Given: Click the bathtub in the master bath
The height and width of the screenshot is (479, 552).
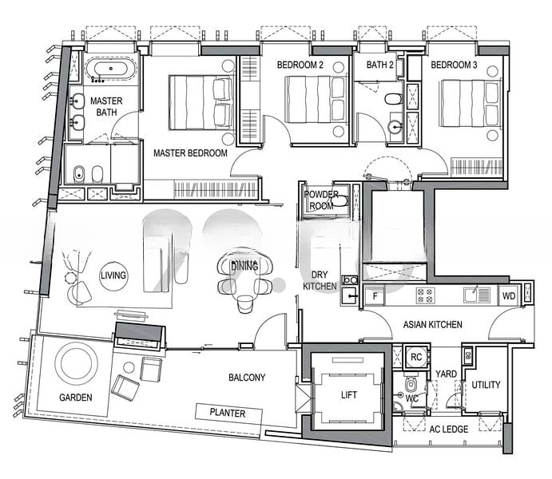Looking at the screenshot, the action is point(110,69).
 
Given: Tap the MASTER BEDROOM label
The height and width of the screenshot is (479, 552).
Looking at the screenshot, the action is point(190,153).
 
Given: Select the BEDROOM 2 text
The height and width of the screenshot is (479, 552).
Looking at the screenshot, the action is point(300,65).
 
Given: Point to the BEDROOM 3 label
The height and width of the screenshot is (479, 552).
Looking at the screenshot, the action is point(454,65).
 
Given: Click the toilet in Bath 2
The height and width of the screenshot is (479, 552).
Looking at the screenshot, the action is point(393,99).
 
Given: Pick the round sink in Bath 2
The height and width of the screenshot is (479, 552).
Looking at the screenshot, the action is point(395,127).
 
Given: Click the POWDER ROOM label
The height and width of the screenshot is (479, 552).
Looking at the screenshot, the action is point(321,200).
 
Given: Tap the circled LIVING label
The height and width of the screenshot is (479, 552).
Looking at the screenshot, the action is point(113,276).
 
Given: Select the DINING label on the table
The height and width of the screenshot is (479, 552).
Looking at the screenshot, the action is point(244,266).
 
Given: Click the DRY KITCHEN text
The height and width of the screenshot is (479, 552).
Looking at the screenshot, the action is point(320,280).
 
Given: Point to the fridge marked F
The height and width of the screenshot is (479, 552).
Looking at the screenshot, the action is point(375,295).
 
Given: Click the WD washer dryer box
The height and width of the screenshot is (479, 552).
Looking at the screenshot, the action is point(508,295).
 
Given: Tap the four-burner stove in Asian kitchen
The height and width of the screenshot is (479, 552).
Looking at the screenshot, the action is point(425,295).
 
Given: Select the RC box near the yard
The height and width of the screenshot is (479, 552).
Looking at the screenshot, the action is point(416,358).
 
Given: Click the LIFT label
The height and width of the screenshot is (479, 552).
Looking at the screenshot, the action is point(349,395).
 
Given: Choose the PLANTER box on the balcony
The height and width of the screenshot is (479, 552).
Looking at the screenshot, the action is point(228,413).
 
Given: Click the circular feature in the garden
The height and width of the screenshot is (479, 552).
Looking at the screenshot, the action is point(77,364).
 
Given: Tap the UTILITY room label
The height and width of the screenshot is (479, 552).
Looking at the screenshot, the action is point(486,385).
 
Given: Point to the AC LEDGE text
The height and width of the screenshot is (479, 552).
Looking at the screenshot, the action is point(448,429).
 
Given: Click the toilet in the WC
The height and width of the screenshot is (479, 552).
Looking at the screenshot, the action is point(411,384).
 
